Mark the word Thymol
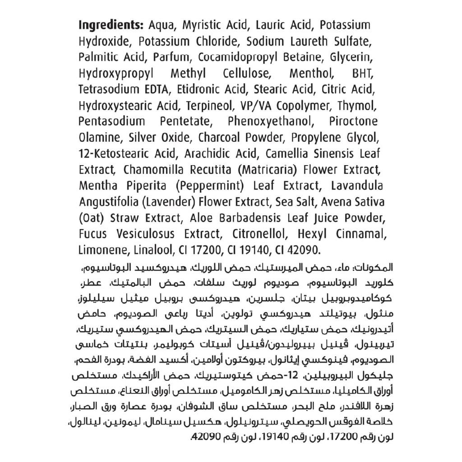362,106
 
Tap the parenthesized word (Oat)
92,218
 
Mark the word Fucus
92,234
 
